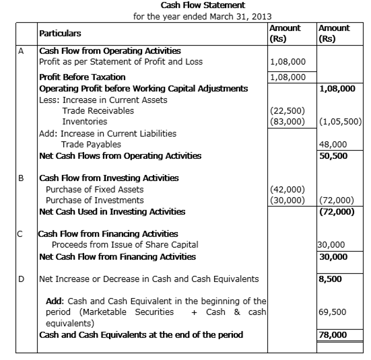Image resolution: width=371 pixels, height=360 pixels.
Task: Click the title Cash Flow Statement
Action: coord(203,5)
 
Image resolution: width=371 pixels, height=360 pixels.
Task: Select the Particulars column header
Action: coord(60,34)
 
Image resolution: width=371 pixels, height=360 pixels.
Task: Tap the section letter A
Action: coord(21,51)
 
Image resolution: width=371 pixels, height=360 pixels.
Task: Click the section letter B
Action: coord(21,178)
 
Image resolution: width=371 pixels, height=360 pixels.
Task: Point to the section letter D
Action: coord(21,279)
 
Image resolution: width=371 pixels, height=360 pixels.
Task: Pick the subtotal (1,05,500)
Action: coord(340,122)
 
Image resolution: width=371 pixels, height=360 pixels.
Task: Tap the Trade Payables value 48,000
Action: coord(333,144)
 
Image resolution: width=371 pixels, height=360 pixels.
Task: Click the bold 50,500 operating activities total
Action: coord(333,156)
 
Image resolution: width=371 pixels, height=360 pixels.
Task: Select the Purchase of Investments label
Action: coord(95,201)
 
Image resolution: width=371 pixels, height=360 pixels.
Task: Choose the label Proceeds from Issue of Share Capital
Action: coord(125,244)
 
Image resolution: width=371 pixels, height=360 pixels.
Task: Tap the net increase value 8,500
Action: coord(330,279)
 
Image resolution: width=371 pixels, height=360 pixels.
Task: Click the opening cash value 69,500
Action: coord(332,312)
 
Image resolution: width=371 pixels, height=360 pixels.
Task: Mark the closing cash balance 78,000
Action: coord(333,335)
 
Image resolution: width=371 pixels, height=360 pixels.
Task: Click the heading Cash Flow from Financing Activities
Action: coord(108,234)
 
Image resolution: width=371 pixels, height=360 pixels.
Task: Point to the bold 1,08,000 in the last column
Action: coord(337,89)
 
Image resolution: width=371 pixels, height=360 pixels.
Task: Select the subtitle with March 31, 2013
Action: coord(202,17)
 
